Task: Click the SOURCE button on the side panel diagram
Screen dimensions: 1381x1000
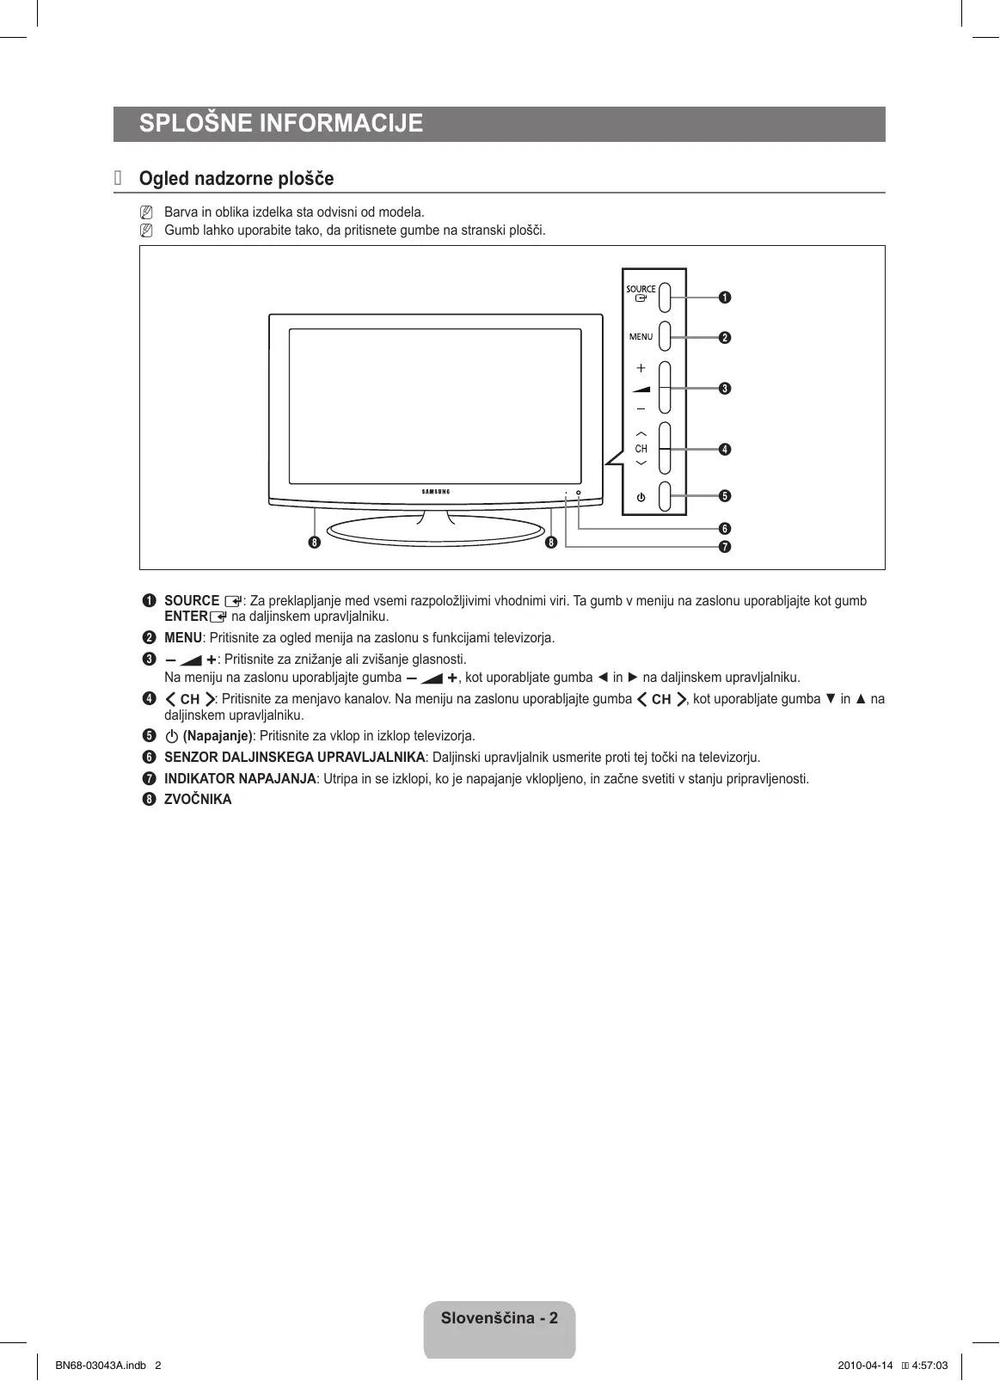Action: (665, 292)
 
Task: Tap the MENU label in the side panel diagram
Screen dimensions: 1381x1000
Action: (641, 337)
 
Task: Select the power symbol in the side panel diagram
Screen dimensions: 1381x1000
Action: (641, 498)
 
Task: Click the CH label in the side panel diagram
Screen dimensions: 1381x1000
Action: (641, 449)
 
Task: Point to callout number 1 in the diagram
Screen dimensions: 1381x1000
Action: (725, 298)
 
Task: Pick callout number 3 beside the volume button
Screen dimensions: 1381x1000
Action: (725, 389)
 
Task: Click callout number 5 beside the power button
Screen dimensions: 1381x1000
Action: (725, 496)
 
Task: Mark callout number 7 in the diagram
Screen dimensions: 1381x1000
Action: (725, 547)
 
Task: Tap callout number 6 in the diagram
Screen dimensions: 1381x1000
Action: (725, 529)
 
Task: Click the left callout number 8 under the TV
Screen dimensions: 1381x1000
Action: (315, 543)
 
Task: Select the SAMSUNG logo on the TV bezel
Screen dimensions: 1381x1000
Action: (435, 492)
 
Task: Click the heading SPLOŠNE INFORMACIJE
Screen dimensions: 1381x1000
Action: (281, 124)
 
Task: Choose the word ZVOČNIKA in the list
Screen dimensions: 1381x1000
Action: (198, 800)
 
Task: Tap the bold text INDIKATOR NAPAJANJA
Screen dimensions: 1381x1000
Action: (240, 779)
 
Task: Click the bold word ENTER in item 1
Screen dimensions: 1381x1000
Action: (186, 617)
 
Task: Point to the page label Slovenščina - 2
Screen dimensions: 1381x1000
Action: (500, 1318)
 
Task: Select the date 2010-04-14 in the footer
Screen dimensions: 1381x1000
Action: (865, 1366)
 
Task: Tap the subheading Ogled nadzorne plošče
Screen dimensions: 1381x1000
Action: (236, 179)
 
